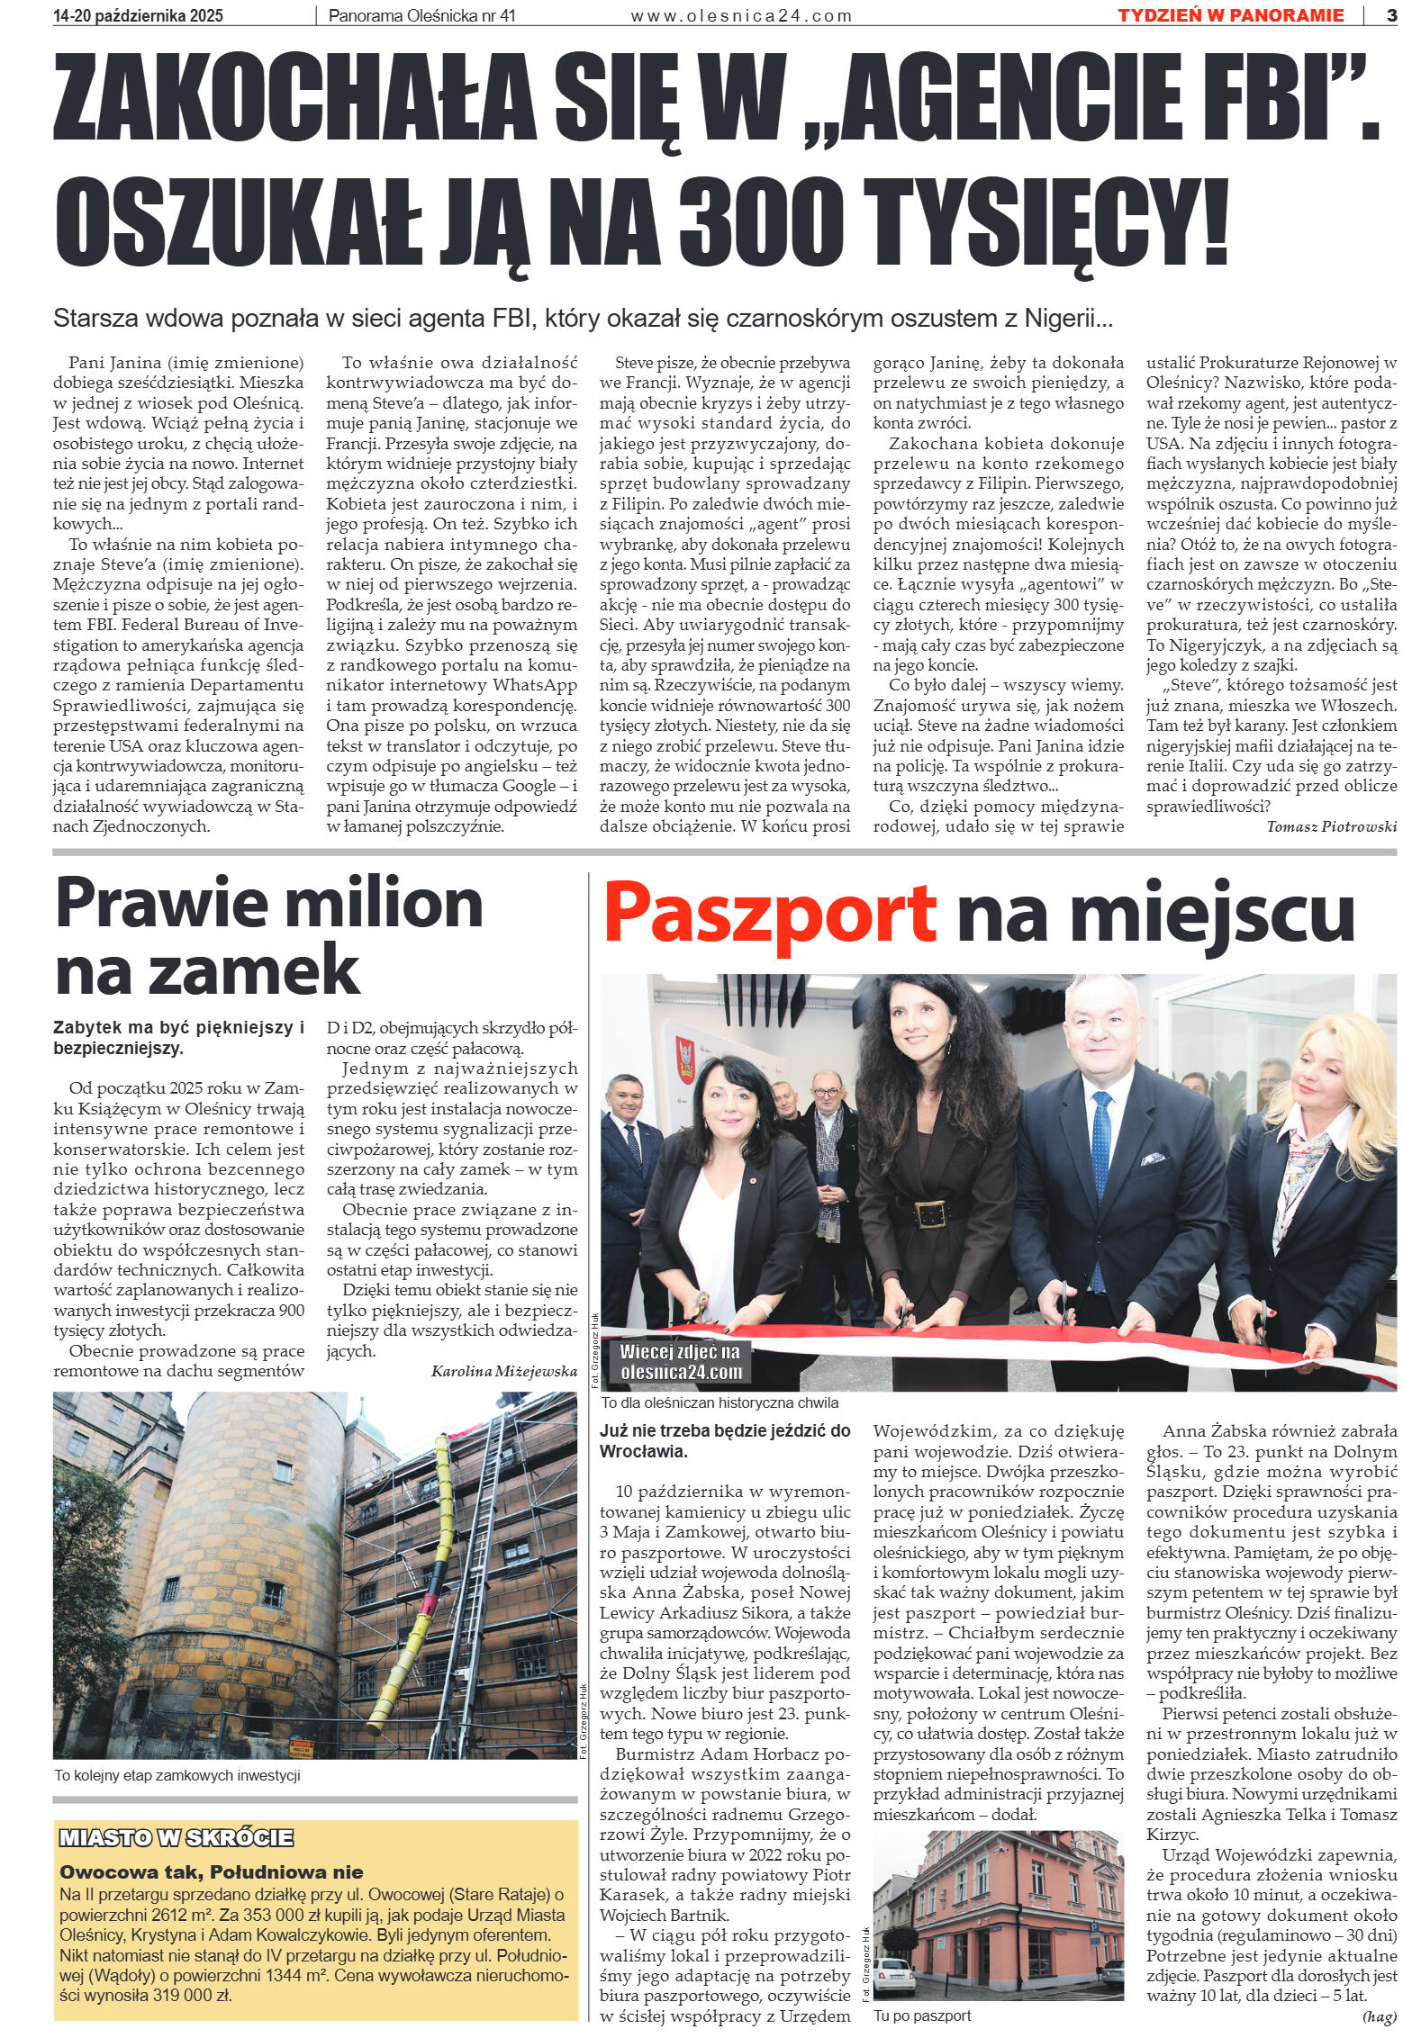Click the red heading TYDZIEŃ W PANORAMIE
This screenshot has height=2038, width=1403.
(1230, 14)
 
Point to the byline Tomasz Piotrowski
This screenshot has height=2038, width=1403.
(1330, 826)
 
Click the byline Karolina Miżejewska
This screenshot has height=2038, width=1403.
(504, 1371)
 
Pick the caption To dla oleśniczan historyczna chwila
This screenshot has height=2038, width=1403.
(720, 1402)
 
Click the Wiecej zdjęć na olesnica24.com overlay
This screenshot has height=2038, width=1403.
(680, 1362)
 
